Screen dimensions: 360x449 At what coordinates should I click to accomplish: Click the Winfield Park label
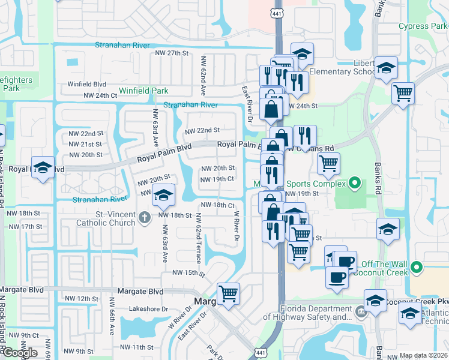(x=143, y=91)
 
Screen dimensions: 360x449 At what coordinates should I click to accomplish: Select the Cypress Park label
(x=423, y=26)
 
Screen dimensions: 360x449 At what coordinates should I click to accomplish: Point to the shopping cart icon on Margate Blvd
(x=228, y=293)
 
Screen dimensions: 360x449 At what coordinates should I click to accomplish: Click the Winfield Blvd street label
(x=86, y=85)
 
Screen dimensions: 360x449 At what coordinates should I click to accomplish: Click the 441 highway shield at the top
(x=280, y=13)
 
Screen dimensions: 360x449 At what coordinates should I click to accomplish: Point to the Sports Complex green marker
(x=355, y=183)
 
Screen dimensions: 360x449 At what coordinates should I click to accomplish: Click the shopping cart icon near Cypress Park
(x=403, y=93)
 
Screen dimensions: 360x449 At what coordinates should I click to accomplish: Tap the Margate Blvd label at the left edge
(x=22, y=290)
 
